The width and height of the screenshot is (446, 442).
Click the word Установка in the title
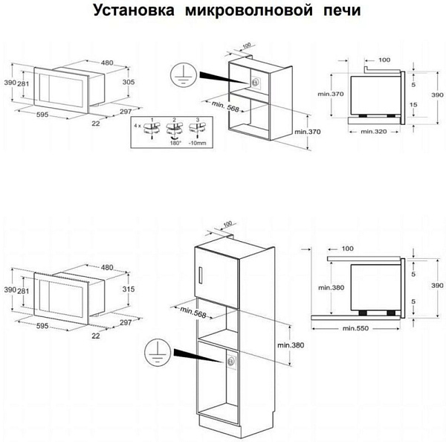(x=130, y=12)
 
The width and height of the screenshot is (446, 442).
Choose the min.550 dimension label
(x=357, y=327)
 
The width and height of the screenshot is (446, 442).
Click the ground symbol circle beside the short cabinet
(x=178, y=71)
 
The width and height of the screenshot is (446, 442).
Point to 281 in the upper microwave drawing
(x=24, y=83)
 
